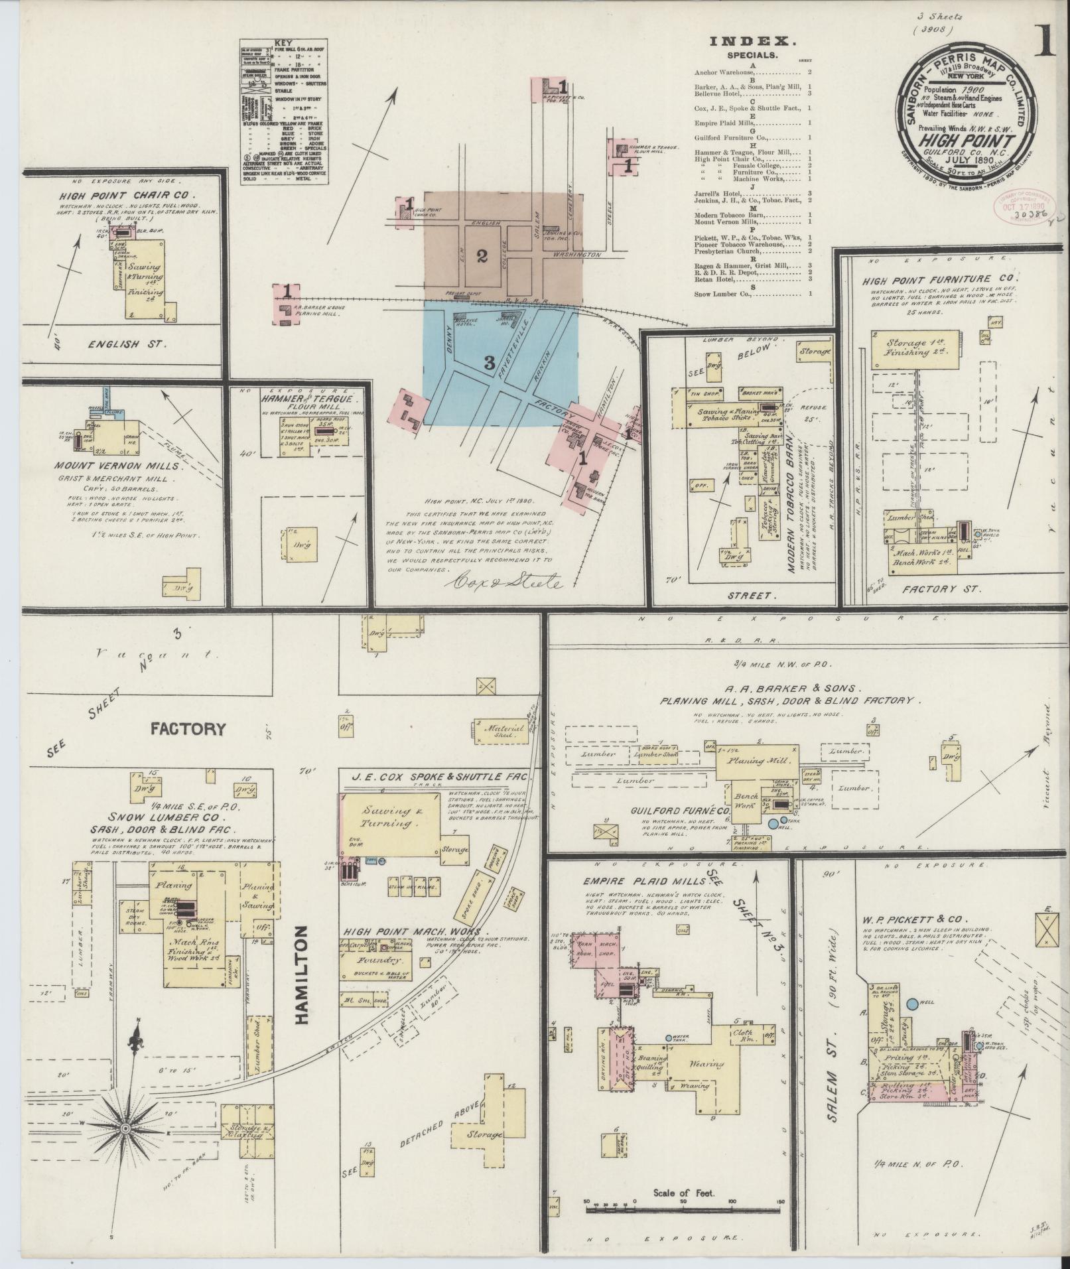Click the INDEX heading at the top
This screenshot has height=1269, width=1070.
pos(750,41)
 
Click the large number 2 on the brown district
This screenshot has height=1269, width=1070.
pos(482,256)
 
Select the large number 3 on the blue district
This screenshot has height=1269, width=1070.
pos(490,362)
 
